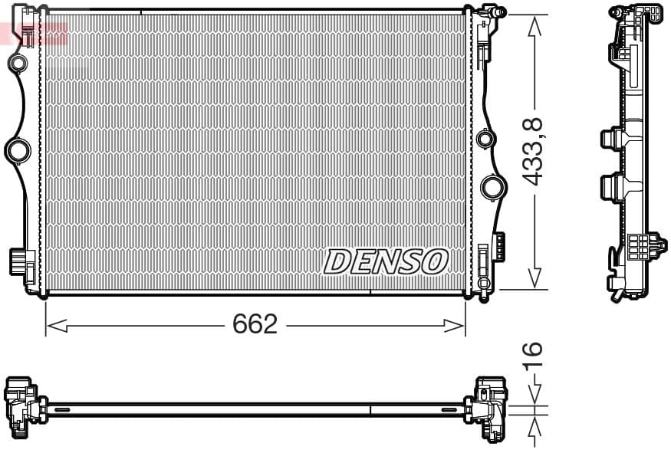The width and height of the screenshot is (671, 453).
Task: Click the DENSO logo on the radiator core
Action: (x=386, y=262)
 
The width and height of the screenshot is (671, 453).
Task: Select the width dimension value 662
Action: (x=255, y=325)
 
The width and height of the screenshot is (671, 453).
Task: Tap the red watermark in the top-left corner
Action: (x=34, y=33)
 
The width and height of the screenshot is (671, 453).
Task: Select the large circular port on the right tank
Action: (x=492, y=187)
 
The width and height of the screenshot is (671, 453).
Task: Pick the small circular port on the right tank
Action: (x=484, y=140)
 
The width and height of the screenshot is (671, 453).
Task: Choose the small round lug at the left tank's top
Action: (x=16, y=61)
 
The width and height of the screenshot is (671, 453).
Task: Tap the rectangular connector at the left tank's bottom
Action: (x=20, y=261)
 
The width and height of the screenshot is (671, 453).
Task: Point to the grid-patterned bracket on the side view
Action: (x=638, y=247)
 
